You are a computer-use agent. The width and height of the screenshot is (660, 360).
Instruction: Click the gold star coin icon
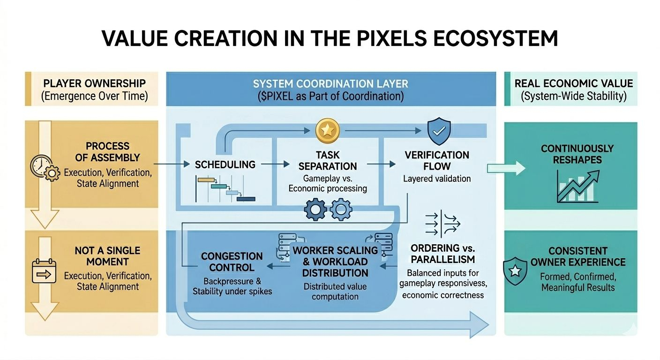324,131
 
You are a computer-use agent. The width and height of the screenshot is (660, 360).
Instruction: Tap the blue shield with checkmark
439,131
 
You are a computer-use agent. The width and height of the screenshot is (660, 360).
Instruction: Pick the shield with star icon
515,270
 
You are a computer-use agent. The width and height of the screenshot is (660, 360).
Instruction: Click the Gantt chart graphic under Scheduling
225,189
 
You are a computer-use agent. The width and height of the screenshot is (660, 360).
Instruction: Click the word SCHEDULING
225,165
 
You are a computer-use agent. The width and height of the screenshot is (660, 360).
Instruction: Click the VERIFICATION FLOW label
436,160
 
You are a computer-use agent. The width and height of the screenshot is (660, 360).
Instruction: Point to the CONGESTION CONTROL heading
232,262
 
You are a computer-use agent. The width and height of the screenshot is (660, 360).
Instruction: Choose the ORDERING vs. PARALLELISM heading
442,253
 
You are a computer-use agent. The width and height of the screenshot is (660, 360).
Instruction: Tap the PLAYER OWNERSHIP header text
94,83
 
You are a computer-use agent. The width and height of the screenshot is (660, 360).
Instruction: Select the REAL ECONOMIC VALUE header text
574,83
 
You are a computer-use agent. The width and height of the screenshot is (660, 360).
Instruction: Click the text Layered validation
436,179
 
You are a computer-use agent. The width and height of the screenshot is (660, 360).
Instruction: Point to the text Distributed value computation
335,291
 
